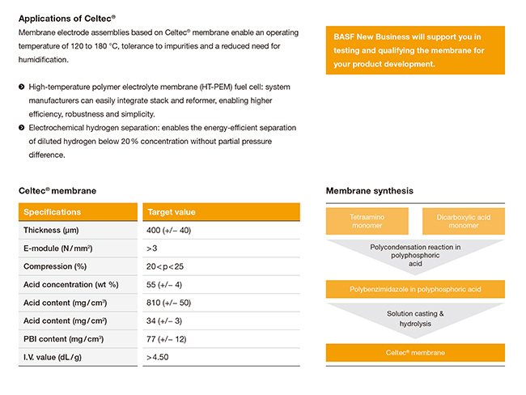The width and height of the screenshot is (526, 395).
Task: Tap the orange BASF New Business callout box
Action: (415, 50)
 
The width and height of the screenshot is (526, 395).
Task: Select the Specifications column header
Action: (52, 212)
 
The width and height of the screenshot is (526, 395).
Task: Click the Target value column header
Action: (172, 212)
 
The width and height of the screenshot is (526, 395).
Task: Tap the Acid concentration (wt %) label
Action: (71, 284)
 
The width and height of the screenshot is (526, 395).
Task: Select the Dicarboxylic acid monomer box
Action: (463, 221)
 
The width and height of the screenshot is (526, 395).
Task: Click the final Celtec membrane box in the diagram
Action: (415, 352)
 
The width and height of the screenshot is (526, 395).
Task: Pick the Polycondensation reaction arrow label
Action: (415, 254)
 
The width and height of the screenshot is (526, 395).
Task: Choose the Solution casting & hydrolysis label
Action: (415, 317)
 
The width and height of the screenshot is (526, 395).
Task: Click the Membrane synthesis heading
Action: (369, 190)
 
